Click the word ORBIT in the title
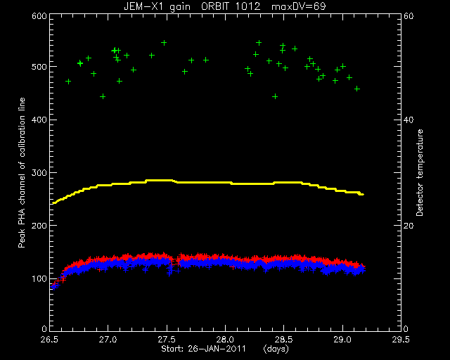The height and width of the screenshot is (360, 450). (217, 6)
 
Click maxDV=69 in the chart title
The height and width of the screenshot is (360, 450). (298, 6)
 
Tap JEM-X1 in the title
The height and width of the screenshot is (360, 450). (142, 6)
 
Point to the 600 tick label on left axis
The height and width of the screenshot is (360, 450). (39, 16)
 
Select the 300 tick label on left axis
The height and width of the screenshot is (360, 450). (39, 173)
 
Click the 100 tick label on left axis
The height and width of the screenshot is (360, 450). (39, 278)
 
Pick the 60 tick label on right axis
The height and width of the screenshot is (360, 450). (409, 16)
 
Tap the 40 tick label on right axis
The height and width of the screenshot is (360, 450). (409, 120)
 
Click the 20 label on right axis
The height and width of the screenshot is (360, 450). (409, 226)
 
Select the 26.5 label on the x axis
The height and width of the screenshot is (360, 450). (50, 340)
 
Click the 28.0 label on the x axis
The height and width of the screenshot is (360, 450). (225, 340)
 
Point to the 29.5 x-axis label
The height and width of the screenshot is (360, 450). (401, 340)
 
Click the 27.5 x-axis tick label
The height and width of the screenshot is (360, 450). (167, 340)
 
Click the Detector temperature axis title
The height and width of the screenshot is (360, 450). (420, 172)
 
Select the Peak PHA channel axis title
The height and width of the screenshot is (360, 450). (22, 173)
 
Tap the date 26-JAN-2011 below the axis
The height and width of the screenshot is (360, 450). (217, 349)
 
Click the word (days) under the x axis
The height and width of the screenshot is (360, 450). (276, 349)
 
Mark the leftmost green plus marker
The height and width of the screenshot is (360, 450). (68, 82)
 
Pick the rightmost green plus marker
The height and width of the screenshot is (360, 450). (357, 89)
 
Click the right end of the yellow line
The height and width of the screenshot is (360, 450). (364, 195)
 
